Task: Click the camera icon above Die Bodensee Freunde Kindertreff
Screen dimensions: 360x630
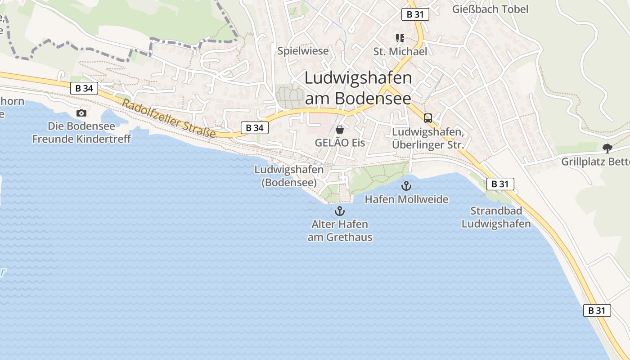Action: point(81,113)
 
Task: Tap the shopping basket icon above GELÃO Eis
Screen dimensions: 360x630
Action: point(340,130)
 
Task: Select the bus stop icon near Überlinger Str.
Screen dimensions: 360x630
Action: point(427,118)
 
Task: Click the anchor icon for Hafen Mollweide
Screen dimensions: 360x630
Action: point(406,185)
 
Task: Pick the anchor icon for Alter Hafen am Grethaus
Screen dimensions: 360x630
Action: point(340,211)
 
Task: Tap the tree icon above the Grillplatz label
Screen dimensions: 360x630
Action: point(607,148)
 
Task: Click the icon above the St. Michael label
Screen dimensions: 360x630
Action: point(400,38)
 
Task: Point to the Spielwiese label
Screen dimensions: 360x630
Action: point(303,51)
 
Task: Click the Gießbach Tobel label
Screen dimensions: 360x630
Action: point(490,9)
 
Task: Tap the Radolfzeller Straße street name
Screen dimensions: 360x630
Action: point(168,119)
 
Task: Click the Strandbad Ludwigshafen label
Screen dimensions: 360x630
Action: point(496,217)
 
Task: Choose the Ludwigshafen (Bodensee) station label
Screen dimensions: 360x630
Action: point(289,176)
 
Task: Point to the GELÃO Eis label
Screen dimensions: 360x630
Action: point(340,143)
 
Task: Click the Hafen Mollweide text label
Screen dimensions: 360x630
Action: point(406,199)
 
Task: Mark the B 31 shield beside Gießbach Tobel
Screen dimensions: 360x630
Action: point(415,14)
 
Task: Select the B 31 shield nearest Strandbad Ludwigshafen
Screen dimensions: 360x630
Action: point(500,184)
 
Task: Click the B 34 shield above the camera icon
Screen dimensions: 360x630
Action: point(84,88)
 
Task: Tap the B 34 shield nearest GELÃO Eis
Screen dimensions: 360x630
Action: point(255,128)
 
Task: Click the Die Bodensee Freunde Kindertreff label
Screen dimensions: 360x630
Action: point(81,132)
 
